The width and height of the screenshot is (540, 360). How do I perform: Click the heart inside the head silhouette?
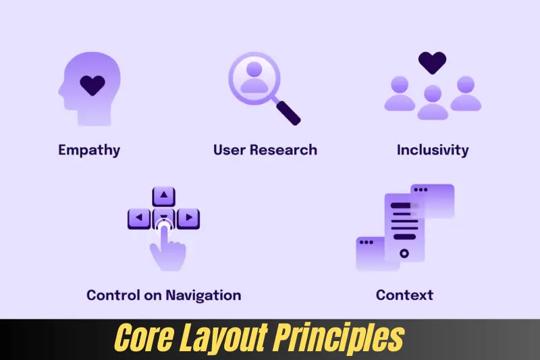(92, 85)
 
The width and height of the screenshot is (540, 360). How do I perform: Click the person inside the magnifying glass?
(254, 78)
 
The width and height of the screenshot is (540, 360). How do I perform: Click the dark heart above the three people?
(432, 62)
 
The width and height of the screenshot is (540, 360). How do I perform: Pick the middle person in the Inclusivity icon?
(433, 102)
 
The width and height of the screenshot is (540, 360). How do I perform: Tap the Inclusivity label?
(433, 149)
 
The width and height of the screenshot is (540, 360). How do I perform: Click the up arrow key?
(164, 197)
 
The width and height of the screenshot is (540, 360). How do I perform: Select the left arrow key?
(140, 218)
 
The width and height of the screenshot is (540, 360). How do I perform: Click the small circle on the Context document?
(404, 253)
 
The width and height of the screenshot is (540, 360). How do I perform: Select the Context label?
(404, 295)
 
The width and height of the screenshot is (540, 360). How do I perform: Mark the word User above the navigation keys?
(228, 149)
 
